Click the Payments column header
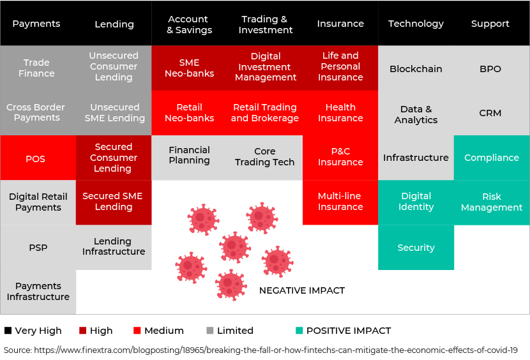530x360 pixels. pyautogui.click(x=36, y=24)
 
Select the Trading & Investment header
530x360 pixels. pyautogui.click(x=266, y=24)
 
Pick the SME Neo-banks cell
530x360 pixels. pyautogui.click(x=189, y=68)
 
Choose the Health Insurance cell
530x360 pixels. pyautogui.click(x=340, y=113)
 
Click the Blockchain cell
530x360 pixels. pyautogui.click(x=416, y=68)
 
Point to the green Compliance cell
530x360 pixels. pyautogui.click(x=492, y=158)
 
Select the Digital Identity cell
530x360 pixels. pyautogui.click(x=416, y=202)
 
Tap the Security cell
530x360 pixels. pyautogui.click(x=416, y=248)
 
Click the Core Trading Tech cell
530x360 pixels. pyautogui.click(x=264, y=158)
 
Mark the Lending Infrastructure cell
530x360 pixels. pyautogui.click(x=114, y=248)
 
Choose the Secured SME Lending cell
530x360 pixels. pyautogui.click(x=114, y=202)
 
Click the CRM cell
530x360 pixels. pyautogui.click(x=492, y=113)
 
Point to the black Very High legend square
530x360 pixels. pyautogui.click(x=8, y=331)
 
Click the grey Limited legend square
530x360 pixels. pyautogui.click(x=210, y=331)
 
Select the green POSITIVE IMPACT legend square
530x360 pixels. pyautogui.click(x=299, y=331)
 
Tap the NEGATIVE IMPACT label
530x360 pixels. pyautogui.click(x=302, y=290)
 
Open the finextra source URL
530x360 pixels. pyautogui.click(x=276, y=350)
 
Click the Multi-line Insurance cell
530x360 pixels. pyautogui.click(x=340, y=202)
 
